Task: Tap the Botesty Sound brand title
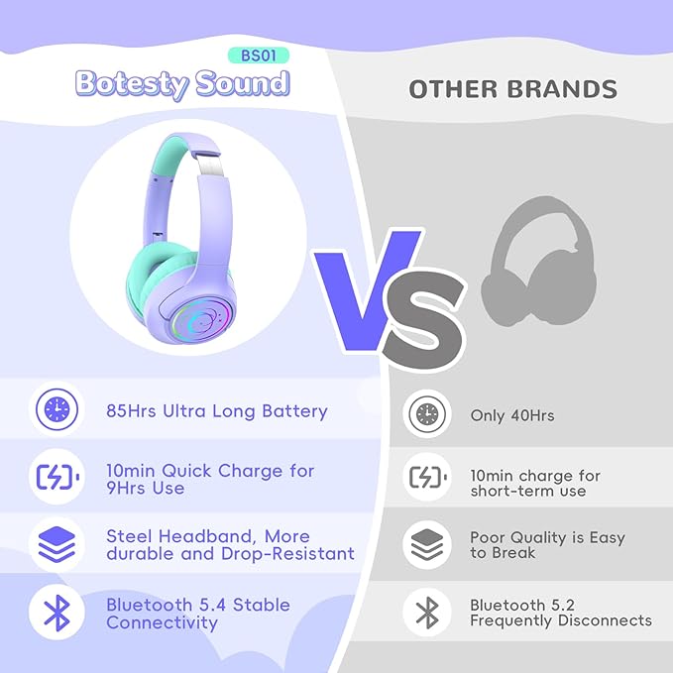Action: [182, 84]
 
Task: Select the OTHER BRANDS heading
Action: [512, 89]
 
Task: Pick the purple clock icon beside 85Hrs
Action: [56, 409]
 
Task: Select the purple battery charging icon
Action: [56, 478]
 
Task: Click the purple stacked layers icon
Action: [56, 544]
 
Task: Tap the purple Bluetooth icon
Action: [56, 612]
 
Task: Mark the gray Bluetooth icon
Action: [427, 612]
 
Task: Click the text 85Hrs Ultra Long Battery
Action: [216, 410]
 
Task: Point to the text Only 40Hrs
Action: [511, 415]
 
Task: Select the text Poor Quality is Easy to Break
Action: [547, 544]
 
